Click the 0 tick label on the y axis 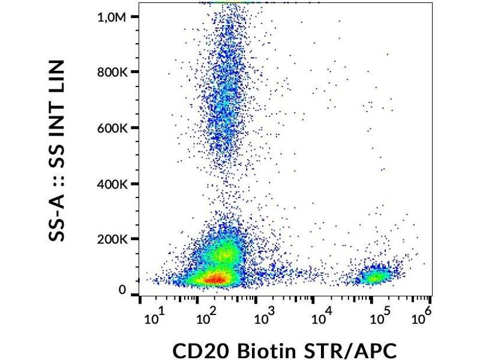pyautogui.click(x=122, y=291)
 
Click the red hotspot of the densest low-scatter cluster pyautogui.click(x=213, y=278)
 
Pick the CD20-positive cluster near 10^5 pyautogui.click(x=375, y=277)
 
